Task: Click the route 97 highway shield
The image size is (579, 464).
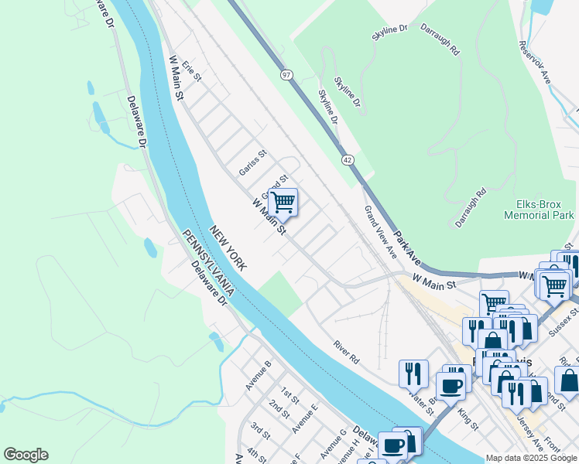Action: point(286,74)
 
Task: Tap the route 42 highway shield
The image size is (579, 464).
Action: point(348,159)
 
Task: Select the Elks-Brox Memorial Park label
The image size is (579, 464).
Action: point(538,210)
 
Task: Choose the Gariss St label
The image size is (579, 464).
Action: point(252,162)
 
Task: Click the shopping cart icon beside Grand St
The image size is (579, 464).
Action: point(283,202)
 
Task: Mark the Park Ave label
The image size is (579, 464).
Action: point(406,247)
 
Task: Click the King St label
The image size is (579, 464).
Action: point(468,421)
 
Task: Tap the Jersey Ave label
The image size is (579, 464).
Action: point(534,437)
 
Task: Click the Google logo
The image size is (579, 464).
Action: point(26,455)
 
